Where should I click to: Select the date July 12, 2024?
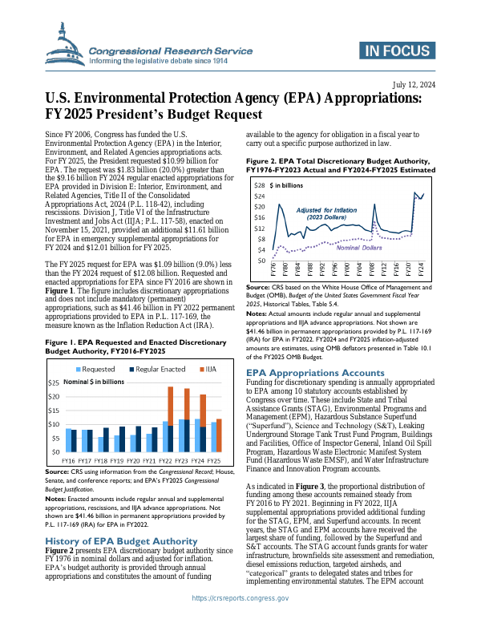tap(414, 84)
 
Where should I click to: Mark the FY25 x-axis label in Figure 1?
tap(214, 462)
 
